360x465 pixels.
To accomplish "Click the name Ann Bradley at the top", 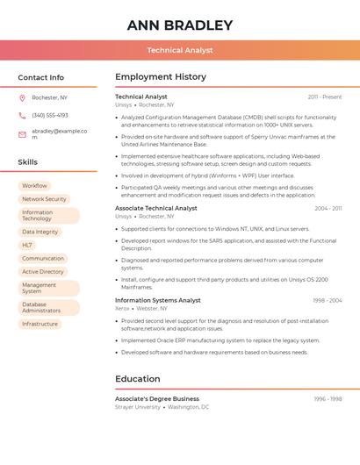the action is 180,25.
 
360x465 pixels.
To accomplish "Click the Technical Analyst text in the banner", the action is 180,50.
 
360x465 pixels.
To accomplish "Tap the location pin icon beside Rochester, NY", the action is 22,97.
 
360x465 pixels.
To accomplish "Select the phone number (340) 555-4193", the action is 50,115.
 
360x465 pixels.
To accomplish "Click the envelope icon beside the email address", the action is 22,132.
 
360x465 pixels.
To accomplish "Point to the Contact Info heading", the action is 41,77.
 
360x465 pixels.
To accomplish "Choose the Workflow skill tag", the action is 35,186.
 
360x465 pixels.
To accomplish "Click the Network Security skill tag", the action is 44,199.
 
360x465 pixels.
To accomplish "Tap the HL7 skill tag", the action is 27,245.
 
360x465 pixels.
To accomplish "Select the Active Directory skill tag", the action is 43,272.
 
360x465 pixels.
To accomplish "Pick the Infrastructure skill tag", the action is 40,324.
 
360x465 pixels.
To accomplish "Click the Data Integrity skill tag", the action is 40,232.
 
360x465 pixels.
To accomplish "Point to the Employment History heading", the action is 161,77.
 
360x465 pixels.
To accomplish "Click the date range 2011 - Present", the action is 325,97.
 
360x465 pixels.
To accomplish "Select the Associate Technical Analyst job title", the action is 156,208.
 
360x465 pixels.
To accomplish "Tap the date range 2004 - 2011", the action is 328,209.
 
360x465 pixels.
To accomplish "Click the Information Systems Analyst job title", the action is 158,300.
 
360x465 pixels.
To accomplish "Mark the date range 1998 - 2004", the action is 328,301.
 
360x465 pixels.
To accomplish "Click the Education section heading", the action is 138,379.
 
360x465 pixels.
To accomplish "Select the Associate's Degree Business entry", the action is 157,399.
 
